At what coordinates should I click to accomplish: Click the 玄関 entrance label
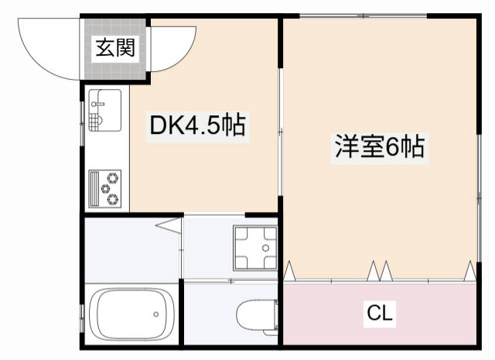pyautogui.click(x=115, y=49)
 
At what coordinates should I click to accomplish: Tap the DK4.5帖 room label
pyautogui.click(x=197, y=126)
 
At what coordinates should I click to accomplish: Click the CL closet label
pyautogui.click(x=380, y=314)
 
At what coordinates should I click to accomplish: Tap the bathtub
pyautogui.click(x=132, y=315)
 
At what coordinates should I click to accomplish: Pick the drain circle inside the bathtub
pyautogui.click(x=155, y=314)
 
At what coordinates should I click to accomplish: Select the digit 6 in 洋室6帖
pyautogui.click(x=392, y=147)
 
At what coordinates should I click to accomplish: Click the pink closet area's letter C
pyautogui.click(x=374, y=314)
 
